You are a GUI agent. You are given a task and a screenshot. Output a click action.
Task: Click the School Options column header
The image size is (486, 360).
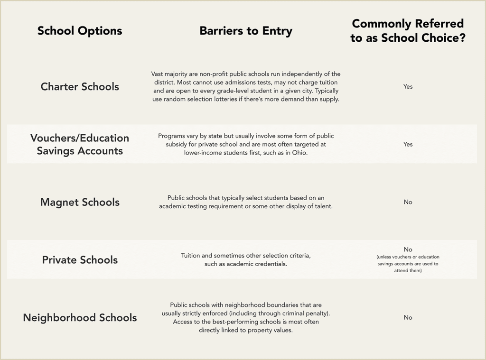(x=80, y=31)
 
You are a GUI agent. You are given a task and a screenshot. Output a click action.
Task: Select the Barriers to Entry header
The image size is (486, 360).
(x=246, y=31)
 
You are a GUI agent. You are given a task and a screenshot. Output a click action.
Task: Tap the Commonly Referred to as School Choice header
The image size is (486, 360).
(x=408, y=31)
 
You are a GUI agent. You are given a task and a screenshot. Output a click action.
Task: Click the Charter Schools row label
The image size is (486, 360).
(x=80, y=87)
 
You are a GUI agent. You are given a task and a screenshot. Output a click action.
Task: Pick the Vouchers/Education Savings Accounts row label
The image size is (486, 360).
(x=80, y=144)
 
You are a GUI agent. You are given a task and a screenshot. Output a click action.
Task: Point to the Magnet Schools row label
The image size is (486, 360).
(x=80, y=202)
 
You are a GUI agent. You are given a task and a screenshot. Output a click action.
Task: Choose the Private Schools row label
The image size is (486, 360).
(x=80, y=260)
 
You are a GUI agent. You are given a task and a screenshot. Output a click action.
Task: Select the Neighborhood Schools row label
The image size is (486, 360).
(x=80, y=318)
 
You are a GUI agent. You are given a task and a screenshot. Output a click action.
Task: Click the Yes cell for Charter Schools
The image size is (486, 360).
(x=408, y=87)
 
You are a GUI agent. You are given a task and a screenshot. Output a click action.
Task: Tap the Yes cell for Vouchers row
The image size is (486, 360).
(x=408, y=144)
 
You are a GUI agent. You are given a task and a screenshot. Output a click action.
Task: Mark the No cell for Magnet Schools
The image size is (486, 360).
(x=408, y=202)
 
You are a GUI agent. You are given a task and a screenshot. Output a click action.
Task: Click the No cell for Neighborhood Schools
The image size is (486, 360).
(x=408, y=318)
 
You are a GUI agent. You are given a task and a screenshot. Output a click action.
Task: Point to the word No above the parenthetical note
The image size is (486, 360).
(x=408, y=249)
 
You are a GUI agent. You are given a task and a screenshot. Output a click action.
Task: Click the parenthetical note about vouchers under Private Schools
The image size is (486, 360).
(x=408, y=264)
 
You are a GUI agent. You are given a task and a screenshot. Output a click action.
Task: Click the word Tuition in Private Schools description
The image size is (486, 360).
(x=191, y=256)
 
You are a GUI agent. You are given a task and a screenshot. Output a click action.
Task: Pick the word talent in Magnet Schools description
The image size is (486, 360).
(x=323, y=206)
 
